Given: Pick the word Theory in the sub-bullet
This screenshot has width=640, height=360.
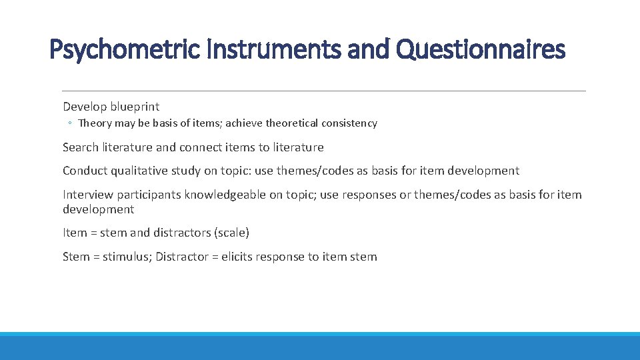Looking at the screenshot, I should point(94,123).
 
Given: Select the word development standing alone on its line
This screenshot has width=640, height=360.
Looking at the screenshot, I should point(98,209).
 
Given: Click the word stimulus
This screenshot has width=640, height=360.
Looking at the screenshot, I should point(127,257).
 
